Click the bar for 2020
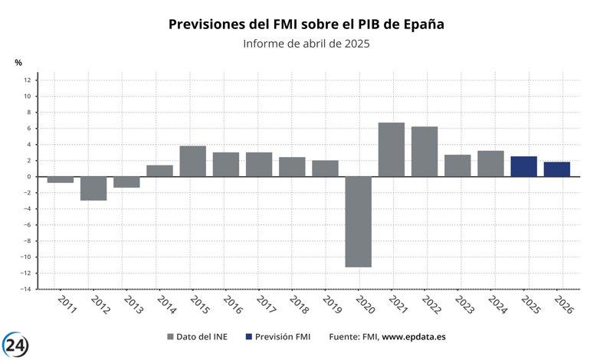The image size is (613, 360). click(x=358, y=221)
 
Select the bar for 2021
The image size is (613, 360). click(x=391, y=149)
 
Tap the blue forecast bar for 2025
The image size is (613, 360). click(x=523, y=166)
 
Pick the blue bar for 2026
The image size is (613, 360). click(x=556, y=169)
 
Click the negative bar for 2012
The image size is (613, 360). click(x=93, y=188)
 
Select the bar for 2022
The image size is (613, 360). click(x=424, y=152)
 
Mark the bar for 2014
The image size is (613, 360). click(x=159, y=171)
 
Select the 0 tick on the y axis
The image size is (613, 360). click(x=28, y=177)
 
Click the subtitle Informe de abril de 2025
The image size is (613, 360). click(x=306, y=44)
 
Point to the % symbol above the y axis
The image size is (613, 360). click(x=18, y=62)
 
